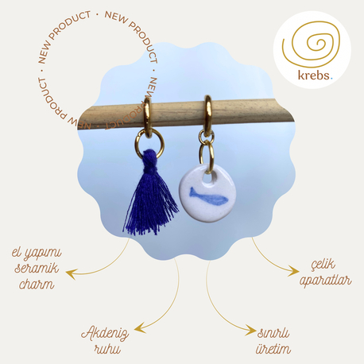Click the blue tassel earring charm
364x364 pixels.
point(150,193)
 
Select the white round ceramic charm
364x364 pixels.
point(207,193)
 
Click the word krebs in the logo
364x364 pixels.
point(314,76)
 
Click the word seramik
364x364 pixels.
point(37,269)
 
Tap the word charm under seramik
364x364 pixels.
point(37,285)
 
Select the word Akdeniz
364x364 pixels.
point(105,334)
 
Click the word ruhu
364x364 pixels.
point(107,349)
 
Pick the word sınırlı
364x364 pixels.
point(273,333)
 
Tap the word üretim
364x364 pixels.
point(273,349)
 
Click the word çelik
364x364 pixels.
point(323,265)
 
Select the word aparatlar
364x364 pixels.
point(326,281)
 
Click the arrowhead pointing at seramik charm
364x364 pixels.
point(71,274)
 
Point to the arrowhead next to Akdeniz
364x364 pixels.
point(140,329)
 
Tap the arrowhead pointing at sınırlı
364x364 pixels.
point(250,330)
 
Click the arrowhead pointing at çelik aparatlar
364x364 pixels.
point(293,272)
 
